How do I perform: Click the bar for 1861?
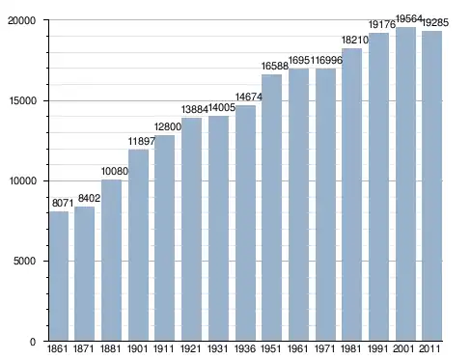pyautogui.click(x=59, y=276)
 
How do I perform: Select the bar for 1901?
pyautogui.click(x=138, y=245)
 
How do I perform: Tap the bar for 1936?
pyautogui.click(x=245, y=223)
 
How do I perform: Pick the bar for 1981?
pyautogui.click(x=351, y=195)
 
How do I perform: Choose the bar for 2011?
pyautogui.click(x=431, y=186)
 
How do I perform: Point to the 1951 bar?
pyautogui.click(x=271, y=208)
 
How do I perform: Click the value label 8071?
pyautogui.click(x=63, y=203)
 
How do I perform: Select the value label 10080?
pyautogui.click(x=115, y=171)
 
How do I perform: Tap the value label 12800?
pyautogui.click(x=168, y=126)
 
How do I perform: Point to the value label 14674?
pyautogui.click(x=249, y=97)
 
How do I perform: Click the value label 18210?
pyautogui.click(x=355, y=40)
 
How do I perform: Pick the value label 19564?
pyautogui.click(x=409, y=19)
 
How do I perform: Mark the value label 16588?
pyautogui.click(x=275, y=66)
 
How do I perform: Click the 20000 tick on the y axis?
pyautogui.click(x=21, y=20)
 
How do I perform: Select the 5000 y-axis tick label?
pyautogui.click(x=24, y=261)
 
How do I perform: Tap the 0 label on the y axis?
pyautogui.click(x=33, y=342)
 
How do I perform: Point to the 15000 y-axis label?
pyautogui.click(x=22, y=100)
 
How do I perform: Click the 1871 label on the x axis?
pyautogui.click(x=84, y=348)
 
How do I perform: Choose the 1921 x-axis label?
pyautogui.click(x=190, y=348)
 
